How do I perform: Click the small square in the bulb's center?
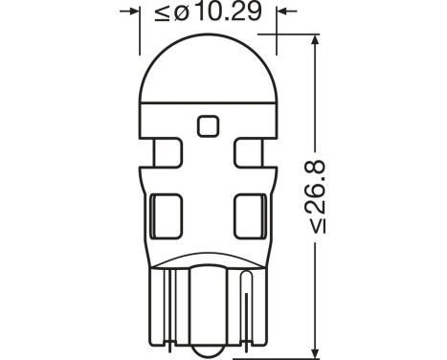pyautogui.click(x=205, y=124)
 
